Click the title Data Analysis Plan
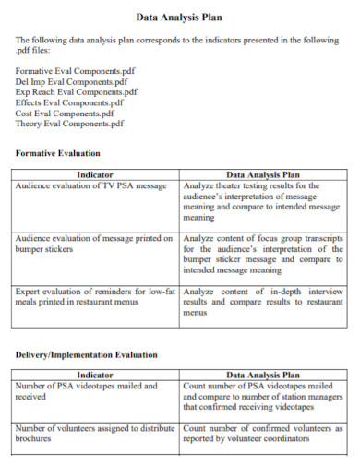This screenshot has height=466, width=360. click(x=179, y=17)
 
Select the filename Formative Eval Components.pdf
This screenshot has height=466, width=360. click(x=76, y=71)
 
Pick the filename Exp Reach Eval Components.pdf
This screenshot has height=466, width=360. click(x=77, y=92)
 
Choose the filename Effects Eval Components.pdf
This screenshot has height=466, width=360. click(x=70, y=102)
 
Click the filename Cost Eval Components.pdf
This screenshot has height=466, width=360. click(x=66, y=113)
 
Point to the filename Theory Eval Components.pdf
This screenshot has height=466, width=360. click(x=70, y=124)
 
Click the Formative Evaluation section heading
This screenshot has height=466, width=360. click(x=58, y=152)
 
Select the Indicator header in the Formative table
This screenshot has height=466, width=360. click(x=95, y=174)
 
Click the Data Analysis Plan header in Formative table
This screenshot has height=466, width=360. click(x=262, y=174)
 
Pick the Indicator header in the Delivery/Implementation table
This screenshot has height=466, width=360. click(x=95, y=376)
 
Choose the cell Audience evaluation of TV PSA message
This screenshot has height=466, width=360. click(x=91, y=185)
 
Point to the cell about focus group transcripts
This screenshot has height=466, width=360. click(x=262, y=254)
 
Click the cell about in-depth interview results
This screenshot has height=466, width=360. click(x=262, y=302)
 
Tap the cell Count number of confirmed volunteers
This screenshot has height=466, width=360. click(x=262, y=434)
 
